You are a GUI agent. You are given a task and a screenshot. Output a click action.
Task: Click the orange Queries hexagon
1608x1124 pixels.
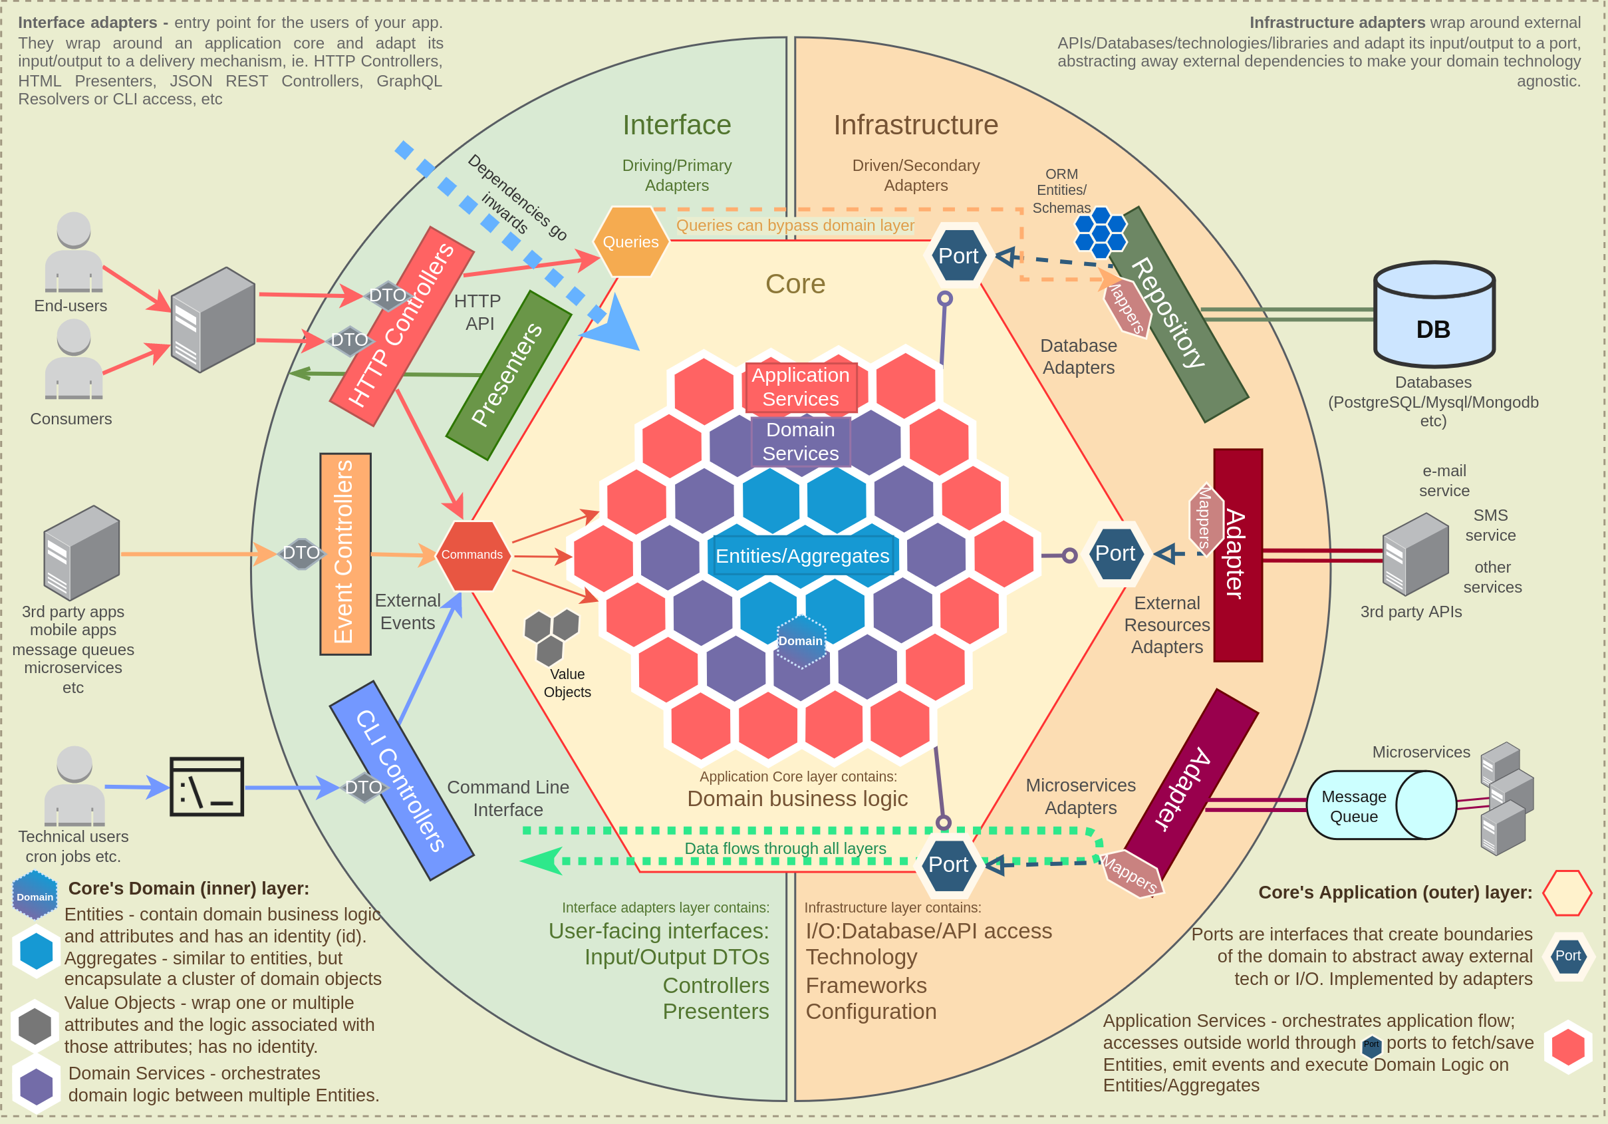pos(630,241)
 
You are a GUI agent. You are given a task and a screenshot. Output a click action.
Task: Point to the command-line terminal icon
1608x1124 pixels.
pos(207,786)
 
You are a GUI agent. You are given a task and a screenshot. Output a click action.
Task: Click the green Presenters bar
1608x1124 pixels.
pos(509,374)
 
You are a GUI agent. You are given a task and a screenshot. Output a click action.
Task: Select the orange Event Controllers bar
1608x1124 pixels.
pos(345,553)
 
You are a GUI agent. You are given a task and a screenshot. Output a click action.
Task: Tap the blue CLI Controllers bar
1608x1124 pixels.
pos(402,780)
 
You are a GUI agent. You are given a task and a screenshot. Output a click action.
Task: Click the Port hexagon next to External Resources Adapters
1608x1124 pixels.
pos(1115,554)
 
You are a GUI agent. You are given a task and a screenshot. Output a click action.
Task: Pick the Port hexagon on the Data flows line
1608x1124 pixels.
pos(948,865)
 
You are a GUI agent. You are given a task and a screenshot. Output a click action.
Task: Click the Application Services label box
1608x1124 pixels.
pos(801,386)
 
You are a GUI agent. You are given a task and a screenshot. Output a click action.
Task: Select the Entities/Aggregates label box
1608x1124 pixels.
pos(802,556)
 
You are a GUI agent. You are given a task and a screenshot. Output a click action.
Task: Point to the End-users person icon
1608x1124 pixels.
pos(74,252)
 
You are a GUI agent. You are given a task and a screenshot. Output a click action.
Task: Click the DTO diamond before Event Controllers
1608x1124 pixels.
pos(301,553)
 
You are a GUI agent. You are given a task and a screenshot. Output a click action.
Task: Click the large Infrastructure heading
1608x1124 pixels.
pos(915,125)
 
